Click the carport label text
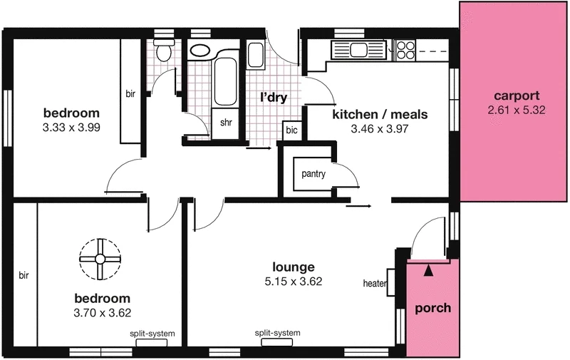(x=517, y=96)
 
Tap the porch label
(x=432, y=308)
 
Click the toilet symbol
(x=164, y=51)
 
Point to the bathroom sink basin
(x=199, y=51)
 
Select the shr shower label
(x=226, y=123)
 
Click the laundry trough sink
(x=256, y=54)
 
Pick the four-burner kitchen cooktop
(x=405, y=50)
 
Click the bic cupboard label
(x=291, y=130)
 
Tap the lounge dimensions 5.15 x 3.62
(x=293, y=282)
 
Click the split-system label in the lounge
(x=278, y=333)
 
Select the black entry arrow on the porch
(x=427, y=269)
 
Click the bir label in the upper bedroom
(x=130, y=94)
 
